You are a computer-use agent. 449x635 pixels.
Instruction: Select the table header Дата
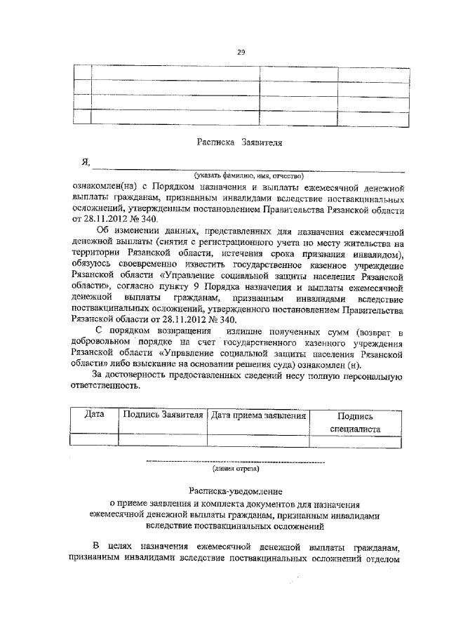94,415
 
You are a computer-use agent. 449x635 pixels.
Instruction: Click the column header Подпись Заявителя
163,415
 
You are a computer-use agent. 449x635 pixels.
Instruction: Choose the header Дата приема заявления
259,415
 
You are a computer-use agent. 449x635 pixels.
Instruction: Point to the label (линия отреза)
236,469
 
